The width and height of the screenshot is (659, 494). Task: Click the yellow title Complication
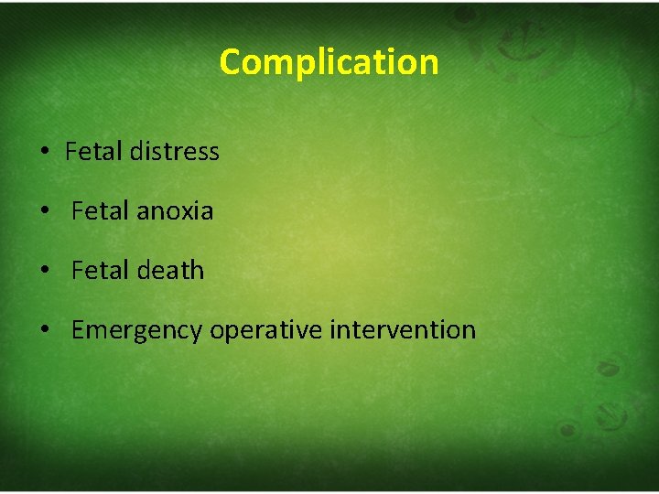pos(329,62)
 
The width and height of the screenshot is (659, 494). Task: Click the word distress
pos(174,151)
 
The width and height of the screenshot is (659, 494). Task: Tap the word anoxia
pos(175,211)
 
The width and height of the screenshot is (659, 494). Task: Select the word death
pos(170,271)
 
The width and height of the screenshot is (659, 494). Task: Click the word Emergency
pos(136,330)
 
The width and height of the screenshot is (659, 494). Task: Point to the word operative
pos(265,330)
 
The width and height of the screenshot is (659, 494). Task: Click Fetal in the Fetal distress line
pos(94,151)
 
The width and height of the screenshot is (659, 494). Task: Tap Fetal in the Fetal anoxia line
pos(101,211)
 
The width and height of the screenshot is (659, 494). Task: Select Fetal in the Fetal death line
pos(101,271)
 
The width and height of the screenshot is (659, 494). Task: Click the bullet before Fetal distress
pos(45,152)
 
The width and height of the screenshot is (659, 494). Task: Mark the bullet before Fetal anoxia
pos(45,212)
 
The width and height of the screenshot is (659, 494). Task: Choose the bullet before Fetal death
pos(45,272)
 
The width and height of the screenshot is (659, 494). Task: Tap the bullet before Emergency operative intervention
pos(45,331)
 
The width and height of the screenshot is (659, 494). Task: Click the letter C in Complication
pos(230,62)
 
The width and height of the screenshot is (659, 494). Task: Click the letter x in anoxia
pos(192,212)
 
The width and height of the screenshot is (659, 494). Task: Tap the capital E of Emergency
pos(77,329)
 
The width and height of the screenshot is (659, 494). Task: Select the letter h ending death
pos(197,270)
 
